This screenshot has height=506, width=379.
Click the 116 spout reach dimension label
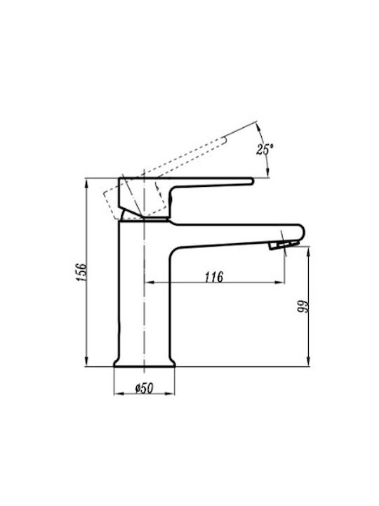coord(214,277)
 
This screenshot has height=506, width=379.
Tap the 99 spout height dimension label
coord(303,306)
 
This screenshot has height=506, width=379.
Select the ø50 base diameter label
coord(144,388)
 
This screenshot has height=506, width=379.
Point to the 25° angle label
coord(265,149)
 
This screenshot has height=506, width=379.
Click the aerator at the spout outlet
coord(284,245)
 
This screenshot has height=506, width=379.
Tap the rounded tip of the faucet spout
coord(302,233)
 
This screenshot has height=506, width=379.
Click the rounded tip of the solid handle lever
coord(252,181)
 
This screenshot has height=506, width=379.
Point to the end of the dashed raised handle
coord(224,140)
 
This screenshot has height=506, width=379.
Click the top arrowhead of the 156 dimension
coord(86,184)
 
